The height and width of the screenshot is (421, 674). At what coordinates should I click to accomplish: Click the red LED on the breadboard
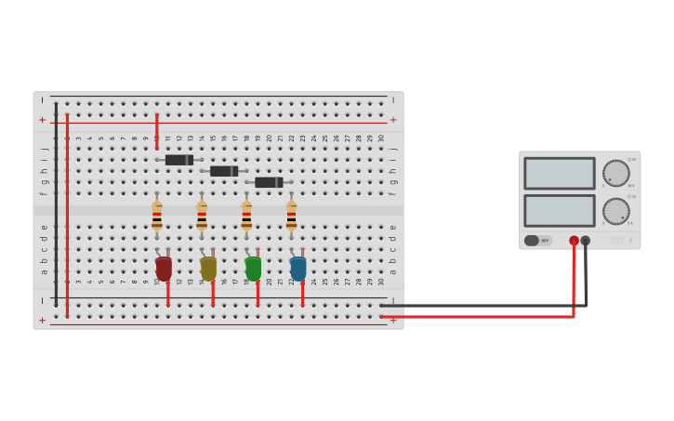(x=164, y=269)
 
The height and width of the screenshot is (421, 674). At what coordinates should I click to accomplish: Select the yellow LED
(x=208, y=269)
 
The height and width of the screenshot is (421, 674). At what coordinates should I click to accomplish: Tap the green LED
(x=253, y=269)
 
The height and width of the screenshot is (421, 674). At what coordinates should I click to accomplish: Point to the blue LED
(x=298, y=269)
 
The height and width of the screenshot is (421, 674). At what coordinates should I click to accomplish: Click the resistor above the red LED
(x=157, y=216)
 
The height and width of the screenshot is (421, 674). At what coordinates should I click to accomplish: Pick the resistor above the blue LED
(x=291, y=216)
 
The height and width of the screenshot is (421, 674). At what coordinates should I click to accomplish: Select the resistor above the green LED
(x=246, y=216)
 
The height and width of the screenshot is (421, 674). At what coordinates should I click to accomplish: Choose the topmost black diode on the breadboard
(x=179, y=160)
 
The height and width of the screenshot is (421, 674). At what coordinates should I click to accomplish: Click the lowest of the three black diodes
(x=269, y=182)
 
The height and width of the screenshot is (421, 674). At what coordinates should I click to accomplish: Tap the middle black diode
(x=224, y=171)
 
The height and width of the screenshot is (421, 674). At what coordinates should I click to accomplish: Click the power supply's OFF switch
(x=537, y=241)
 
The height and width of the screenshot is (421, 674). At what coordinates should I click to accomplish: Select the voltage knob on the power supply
(x=615, y=173)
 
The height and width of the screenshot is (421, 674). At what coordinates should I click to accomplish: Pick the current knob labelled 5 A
(x=615, y=210)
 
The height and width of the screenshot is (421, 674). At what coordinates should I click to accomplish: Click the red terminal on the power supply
(x=574, y=241)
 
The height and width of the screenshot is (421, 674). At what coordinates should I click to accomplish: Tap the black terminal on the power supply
(x=586, y=241)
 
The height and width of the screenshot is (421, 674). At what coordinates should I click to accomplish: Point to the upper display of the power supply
(x=559, y=174)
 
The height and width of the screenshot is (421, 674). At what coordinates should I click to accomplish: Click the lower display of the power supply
(x=559, y=210)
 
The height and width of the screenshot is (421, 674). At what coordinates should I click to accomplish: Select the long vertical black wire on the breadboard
(x=56, y=204)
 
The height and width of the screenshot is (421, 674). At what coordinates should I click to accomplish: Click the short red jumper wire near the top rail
(x=157, y=131)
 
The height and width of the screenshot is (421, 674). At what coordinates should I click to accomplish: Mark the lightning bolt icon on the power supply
(x=630, y=241)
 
